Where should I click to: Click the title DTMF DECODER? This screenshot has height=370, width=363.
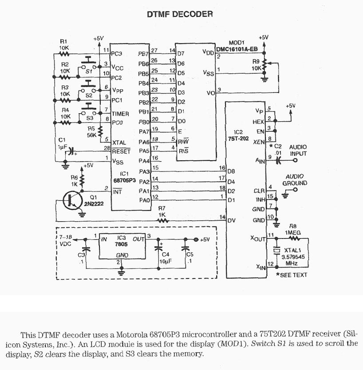click(180, 14)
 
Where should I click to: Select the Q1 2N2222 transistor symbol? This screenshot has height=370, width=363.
click(70, 201)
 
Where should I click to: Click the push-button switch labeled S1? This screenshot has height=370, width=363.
click(90, 63)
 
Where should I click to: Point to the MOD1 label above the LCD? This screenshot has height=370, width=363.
click(237, 43)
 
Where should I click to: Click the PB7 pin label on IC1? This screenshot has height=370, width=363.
click(143, 54)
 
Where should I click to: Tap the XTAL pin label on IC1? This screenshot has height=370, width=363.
click(119, 142)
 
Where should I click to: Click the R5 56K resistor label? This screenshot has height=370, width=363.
click(91, 132)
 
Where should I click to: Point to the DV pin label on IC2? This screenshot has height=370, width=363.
click(231, 220)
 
